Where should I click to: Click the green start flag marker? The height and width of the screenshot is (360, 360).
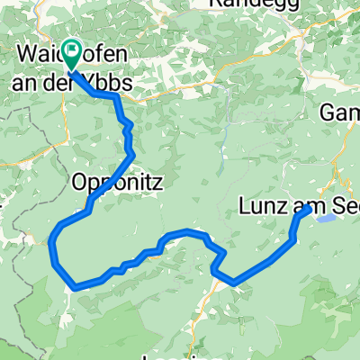[x=71, y=53]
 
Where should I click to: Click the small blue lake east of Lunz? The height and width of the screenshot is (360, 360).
[x=328, y=218]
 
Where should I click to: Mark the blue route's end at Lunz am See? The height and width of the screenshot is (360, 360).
[x=308, y=208]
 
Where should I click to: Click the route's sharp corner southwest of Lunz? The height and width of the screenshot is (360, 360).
[x=235, y=283]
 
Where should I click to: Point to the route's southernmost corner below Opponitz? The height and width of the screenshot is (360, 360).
[x=74, y=288]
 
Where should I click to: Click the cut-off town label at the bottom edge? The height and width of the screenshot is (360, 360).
[x=180, y=355]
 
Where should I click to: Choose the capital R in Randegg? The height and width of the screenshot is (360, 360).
[x=215, y=4]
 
